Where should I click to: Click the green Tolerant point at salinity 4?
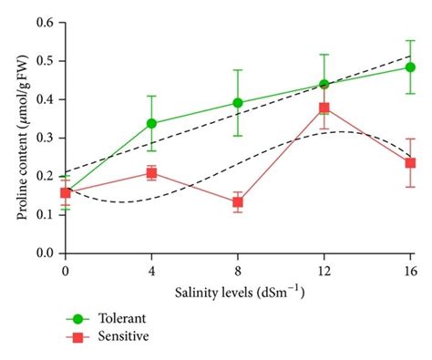coord(151,123)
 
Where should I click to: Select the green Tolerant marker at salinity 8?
coord(238,103)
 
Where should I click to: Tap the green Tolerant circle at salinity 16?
coord(410,67)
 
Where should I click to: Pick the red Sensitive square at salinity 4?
coord(151,173)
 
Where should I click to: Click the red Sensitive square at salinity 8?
coord(238,202)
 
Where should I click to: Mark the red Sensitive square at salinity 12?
coord(324,108)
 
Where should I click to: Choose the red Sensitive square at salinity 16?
coord(410,163)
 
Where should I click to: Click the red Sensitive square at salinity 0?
coord(66,192)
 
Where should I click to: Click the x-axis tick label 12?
coord(324,271)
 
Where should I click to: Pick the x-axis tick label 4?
coord(151,271)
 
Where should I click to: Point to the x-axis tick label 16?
coord(410,271)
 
